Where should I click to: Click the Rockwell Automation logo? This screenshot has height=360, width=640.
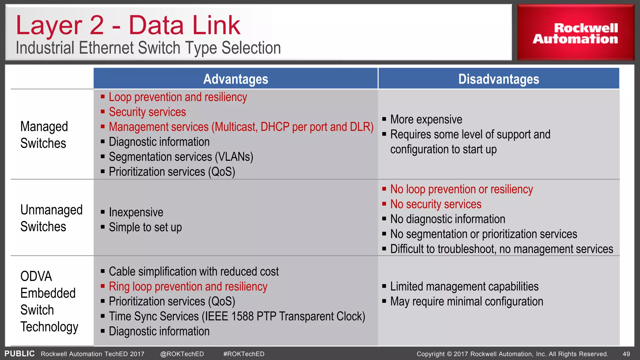(575, 33)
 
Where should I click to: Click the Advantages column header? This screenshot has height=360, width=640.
(236, 79)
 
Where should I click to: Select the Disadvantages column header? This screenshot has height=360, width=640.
(498, 79)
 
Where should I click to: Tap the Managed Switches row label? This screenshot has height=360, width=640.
(44, 135)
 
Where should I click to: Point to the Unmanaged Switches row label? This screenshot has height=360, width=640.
(51, 218)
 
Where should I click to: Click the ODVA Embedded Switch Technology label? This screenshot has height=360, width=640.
(49, 301)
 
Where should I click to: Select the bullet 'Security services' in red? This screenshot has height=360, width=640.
(147, 112)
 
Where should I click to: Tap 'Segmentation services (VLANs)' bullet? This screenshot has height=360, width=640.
(181, 157)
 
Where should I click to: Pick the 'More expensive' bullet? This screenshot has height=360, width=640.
(426, 119)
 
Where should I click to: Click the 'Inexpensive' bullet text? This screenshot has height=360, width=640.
(136, 212)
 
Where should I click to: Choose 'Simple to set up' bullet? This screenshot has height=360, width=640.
(145, 227)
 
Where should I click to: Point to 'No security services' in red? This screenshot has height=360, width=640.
(436, 204)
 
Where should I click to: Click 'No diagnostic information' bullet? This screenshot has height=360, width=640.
(447, 219)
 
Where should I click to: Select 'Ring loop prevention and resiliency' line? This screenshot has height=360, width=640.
(188, 287)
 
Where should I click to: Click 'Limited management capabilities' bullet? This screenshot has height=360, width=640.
(464, 287)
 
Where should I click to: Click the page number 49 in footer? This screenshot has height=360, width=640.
(626, 354)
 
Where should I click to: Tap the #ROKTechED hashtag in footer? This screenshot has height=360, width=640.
(244, 354)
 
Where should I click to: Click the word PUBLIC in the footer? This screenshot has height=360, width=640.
(19, 354)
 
